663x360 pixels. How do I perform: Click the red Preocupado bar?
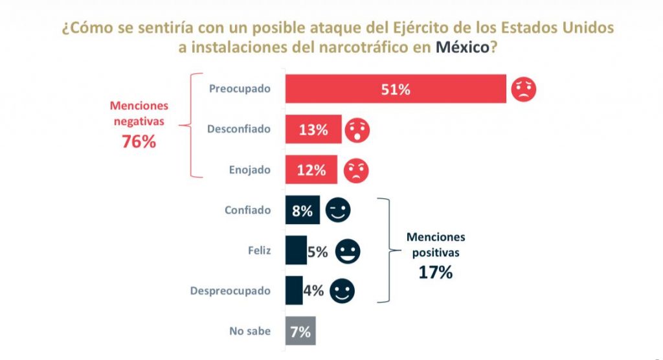click(x=396, y=89)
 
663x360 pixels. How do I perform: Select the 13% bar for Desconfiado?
click(x=313, y=129)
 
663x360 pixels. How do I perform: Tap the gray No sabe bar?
click(x=300, y=332)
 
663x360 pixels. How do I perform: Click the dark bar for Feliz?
click(x=296, y=251)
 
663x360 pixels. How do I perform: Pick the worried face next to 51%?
click(x=524, y=89)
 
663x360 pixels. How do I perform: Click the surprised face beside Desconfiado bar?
click(x=357, y=130)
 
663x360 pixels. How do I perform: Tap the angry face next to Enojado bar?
click(x=355, y=170)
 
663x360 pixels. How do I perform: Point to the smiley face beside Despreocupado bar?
click(x=343, y=291)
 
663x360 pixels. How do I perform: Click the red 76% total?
click(x=139, y=142)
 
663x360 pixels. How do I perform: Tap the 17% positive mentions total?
click(x=435, y=272)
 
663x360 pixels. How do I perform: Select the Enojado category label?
click(x=249, y=170)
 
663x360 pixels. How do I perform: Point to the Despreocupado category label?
click(x=230, y=291)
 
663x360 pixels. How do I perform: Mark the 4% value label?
click(x=313, y=291)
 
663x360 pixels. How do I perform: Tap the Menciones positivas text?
click(x=435, y=244)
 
